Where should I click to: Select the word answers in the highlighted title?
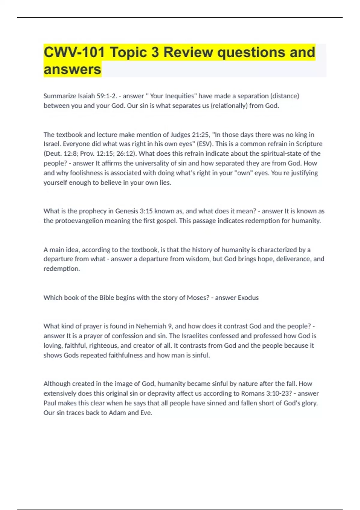coord(72,69)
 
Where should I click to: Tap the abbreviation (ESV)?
coord(204,144)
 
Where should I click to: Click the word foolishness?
coord(87,173)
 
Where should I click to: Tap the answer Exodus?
coord(248,298)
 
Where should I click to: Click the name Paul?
coord(49,403)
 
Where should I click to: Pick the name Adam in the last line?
coord(117,413)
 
